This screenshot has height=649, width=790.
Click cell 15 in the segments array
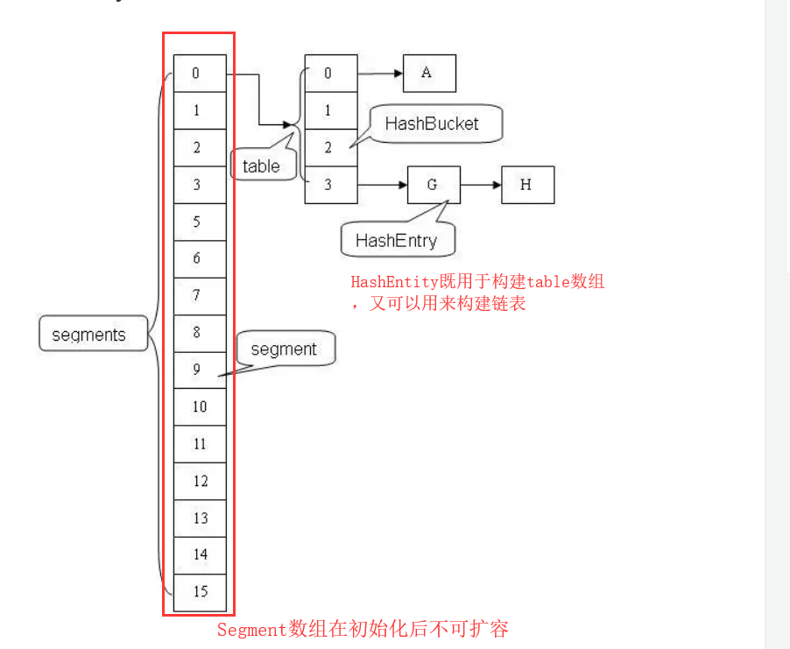(200, 591)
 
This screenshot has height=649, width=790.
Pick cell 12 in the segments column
(200, 481)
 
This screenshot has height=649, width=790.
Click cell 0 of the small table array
(330, 74)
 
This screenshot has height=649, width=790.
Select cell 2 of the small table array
(330, 148)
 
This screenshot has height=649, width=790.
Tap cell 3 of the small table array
(330, 185)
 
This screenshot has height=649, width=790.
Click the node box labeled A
(429, 74)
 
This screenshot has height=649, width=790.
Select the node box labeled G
(434, 185)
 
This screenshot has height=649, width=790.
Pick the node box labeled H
(527, 185)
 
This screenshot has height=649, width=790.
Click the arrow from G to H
(480, 185)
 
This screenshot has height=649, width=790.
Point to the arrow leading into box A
(380, 74)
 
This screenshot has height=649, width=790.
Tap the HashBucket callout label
(433, 123)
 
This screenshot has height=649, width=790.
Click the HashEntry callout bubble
(396, 240)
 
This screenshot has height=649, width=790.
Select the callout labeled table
(262, 166)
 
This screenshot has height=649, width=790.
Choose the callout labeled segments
(90, 335)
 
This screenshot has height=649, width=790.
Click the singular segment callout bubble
(284, 349)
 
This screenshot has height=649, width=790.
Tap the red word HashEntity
(390, 282)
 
